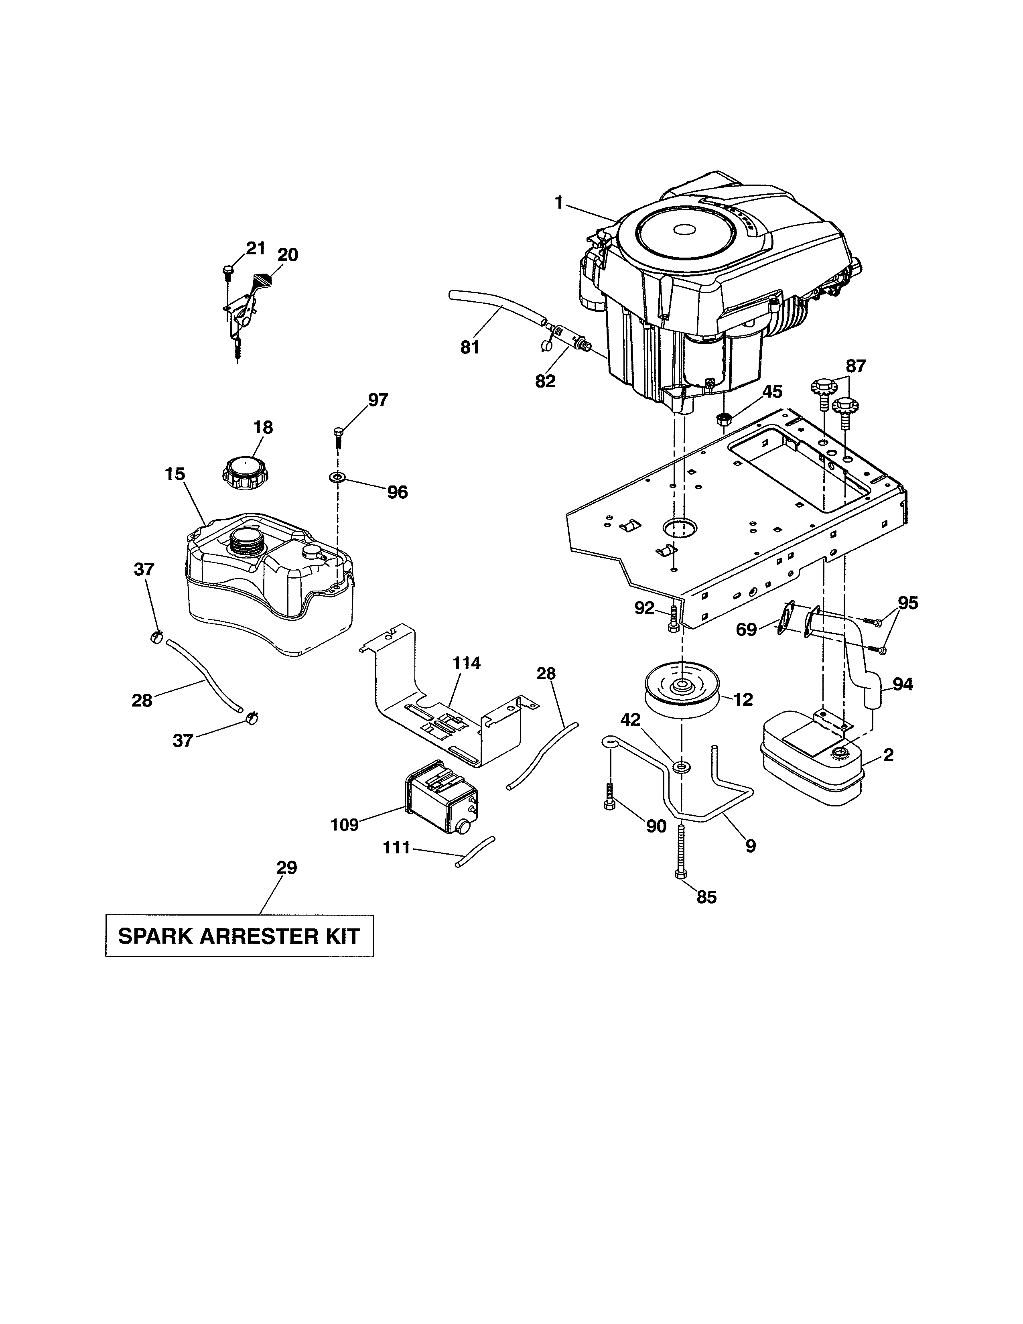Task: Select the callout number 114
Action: [x=466, y=663]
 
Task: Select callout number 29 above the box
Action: [x=287, y=868]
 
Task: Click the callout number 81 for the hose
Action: [x=470, y=347]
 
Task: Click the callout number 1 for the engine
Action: [x=559, y=203]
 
